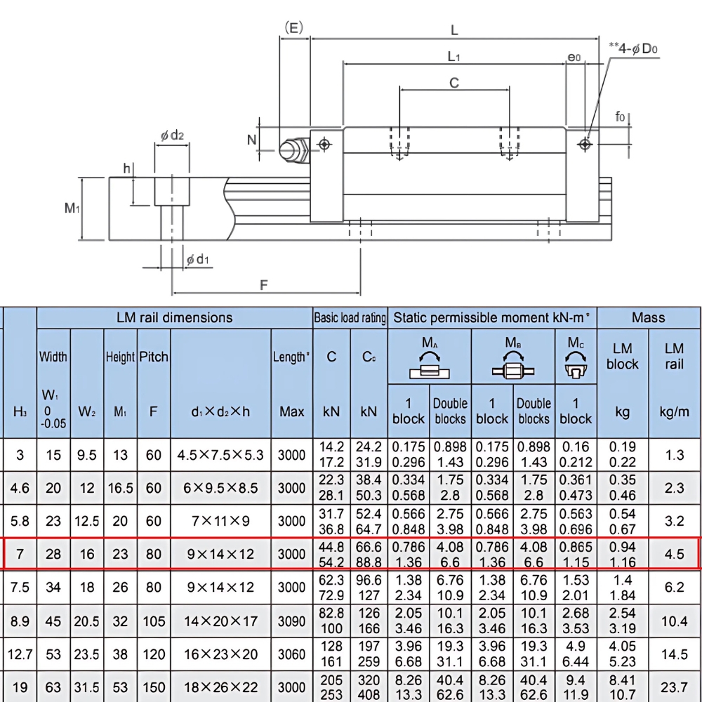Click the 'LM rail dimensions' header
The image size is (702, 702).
coord(174,317)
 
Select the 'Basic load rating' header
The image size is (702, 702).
coord(350,318)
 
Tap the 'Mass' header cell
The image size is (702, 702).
coord(648,317)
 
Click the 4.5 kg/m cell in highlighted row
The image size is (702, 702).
coord(674,554)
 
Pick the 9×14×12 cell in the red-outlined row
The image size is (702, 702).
coord(220,554)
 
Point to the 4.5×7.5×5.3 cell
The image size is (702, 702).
coord(220,455)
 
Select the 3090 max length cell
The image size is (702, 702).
coord(291,621)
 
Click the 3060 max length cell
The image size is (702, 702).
coord(291,654)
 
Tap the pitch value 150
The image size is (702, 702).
coord(153,688)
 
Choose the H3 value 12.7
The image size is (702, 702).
coord(20,654)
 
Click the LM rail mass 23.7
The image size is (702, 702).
coord(674,688)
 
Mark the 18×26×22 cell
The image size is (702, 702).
coord(220,688)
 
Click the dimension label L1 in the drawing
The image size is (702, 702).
coord(454,56)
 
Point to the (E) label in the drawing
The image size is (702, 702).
coord(293,27)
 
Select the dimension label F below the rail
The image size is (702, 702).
coord(264,285)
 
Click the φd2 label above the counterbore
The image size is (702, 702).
coord(172,135)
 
